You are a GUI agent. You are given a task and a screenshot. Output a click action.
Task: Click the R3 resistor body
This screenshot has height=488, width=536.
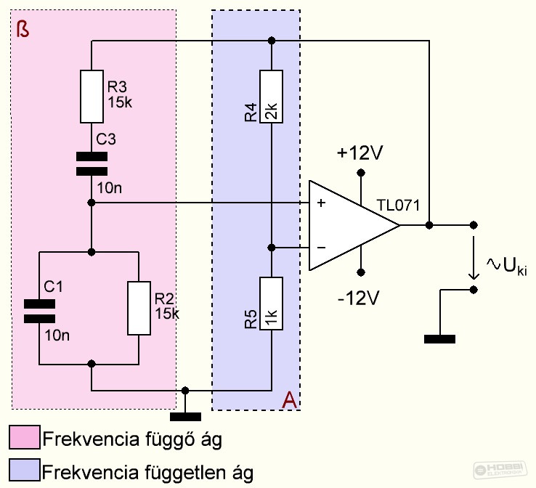click(x=92, y=97)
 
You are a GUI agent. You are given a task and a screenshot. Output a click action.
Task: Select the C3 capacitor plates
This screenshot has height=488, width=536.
click(x=92, y=164)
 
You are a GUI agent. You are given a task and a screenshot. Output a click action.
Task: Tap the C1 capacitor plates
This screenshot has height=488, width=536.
click(x=39, y=312)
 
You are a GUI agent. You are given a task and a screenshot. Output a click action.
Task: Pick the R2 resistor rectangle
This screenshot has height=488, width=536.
click(x=139, y=308)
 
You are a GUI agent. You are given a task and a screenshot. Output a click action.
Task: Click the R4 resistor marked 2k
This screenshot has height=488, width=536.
click(x=271, y=97)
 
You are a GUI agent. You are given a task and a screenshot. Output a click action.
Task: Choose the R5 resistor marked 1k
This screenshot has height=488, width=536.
click(x=271, y=304)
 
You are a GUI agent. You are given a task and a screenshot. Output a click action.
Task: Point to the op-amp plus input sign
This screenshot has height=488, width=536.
click(x=321, y=203)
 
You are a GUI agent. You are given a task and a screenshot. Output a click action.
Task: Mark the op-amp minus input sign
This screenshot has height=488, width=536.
click(x=321, y=247)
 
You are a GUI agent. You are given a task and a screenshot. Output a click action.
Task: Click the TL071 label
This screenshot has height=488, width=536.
click(x=398, y=206)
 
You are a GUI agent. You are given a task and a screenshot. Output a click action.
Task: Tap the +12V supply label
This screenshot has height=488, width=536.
click(x=360, y=152)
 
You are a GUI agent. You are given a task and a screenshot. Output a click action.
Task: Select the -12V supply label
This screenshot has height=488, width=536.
click(x=358, y=298)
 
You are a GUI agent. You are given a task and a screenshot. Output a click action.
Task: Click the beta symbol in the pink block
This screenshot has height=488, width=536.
click(x=23, y=29)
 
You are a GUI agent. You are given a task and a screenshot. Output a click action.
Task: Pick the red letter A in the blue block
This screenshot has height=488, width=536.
click(x=289, y=399)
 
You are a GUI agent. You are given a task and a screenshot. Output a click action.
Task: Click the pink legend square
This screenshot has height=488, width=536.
click(x=25, y=436)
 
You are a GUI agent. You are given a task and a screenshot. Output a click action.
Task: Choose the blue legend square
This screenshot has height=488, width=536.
click(x=25, y=470)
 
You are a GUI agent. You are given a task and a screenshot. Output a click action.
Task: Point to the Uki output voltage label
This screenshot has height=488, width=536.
click(x=507, y=266)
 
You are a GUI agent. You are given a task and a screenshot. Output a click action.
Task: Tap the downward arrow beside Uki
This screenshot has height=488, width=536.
click(x=474, y=258)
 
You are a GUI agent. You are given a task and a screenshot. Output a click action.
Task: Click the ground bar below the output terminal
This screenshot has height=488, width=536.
click(x=439, y=339)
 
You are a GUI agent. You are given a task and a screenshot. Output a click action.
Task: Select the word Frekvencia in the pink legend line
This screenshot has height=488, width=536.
click(x=92, y=439)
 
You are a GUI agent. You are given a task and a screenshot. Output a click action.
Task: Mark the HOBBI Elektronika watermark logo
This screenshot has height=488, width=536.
click(x=500, y=469)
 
